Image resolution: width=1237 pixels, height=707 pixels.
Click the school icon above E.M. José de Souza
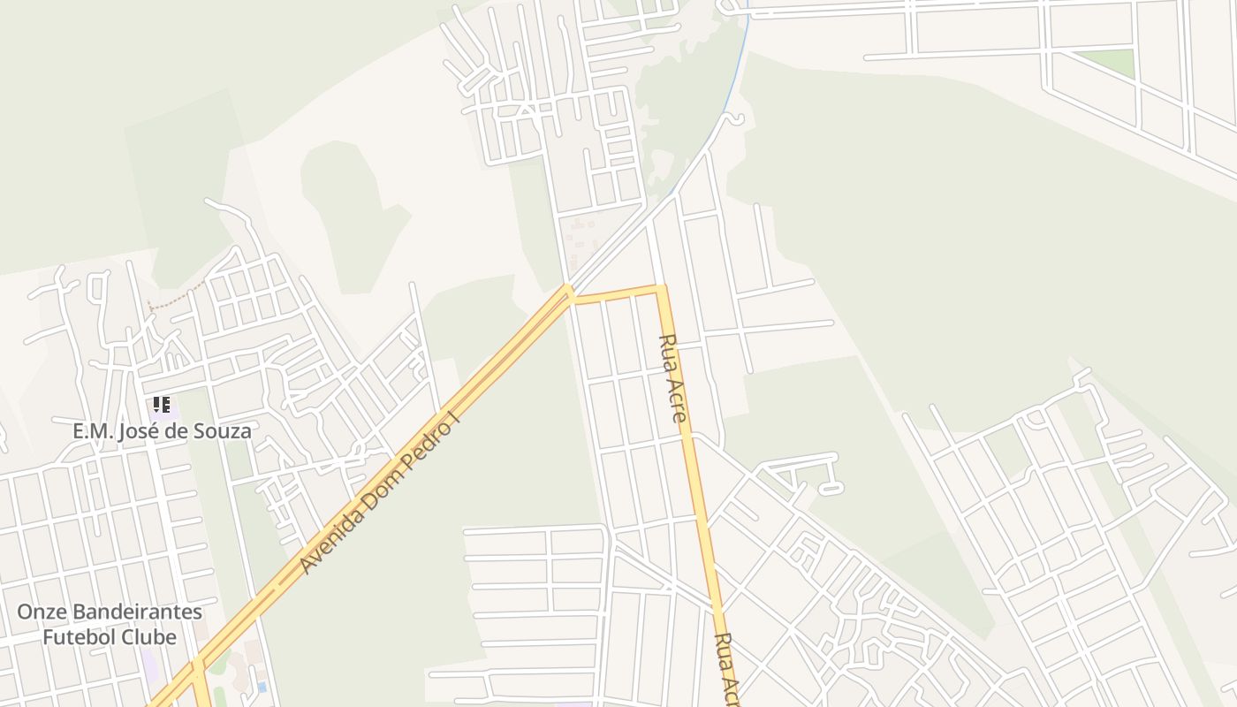point(161,405)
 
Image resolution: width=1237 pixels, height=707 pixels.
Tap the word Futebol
point(79,636)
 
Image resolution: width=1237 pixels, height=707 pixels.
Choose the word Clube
point(148,636)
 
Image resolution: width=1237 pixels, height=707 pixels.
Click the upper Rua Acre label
point(672,377)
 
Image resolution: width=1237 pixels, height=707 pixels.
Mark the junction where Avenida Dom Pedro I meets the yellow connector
point(570,292)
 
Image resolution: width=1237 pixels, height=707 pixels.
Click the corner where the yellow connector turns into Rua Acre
point(660,289)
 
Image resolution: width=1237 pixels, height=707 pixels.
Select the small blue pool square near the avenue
point(262,687)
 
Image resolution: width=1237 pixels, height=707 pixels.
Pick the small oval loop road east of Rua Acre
point(831,487)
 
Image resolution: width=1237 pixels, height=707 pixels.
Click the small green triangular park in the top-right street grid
point(1109,62)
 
